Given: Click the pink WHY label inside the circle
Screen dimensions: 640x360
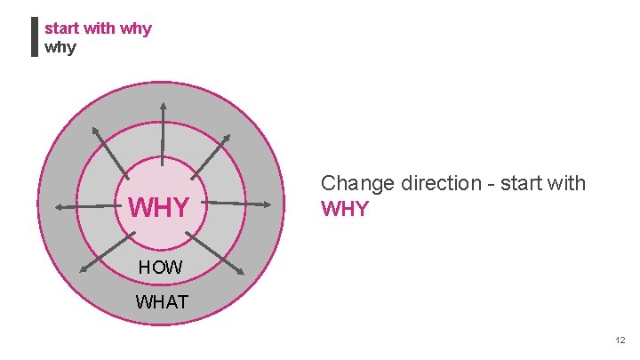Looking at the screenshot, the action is [x=159, y=208].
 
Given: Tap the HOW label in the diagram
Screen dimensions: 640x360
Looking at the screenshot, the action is [x=161, y=267].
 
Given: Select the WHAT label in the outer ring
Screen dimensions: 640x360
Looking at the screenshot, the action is [x=162, y=302].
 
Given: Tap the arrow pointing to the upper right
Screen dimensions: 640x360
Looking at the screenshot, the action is [x=212, y=154].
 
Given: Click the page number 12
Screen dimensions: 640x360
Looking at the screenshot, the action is [x=620, y=340].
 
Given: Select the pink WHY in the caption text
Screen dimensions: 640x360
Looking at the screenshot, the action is [x=344, y=211].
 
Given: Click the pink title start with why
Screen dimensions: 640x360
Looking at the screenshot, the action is [x=98, y=28].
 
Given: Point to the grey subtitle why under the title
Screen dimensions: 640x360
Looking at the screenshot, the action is [x=60, y=47].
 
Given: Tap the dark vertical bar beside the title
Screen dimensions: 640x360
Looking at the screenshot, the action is [x=34, y=37].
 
